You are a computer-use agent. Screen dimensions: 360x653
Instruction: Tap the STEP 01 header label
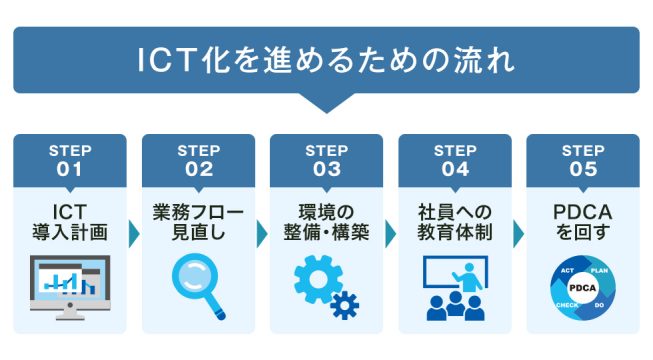pos(70,160)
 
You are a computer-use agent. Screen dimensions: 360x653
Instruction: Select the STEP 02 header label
pos(198,160)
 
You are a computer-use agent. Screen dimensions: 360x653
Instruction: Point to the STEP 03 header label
pos(326,160)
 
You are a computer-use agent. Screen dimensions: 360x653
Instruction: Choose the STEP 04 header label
pos(454,160)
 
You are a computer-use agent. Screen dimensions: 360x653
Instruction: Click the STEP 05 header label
pos(582,160)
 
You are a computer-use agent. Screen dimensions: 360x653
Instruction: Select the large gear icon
pos(318,278)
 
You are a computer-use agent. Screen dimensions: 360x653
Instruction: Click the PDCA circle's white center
pos(582,288)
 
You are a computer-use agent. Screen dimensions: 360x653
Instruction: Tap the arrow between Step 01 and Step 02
pos(134,233)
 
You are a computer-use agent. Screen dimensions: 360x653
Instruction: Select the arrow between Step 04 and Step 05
pos(518,233)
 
